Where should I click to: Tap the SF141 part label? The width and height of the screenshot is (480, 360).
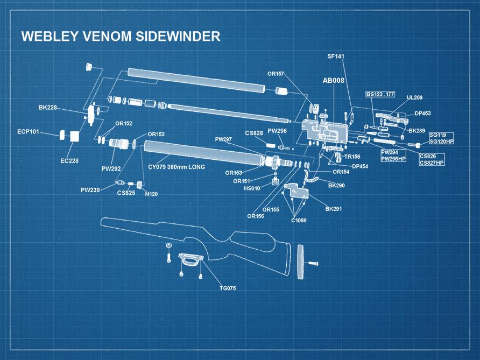[x=336, y=56]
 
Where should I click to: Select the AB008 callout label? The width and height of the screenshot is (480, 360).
[x=333, y=81]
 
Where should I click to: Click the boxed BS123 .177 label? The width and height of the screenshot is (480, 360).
[x=380, y=94]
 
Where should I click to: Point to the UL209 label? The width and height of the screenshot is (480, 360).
[x=414, y=97]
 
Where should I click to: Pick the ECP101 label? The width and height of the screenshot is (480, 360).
[x=28, y=131]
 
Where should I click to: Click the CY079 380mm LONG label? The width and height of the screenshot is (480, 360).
[x=177, y=167]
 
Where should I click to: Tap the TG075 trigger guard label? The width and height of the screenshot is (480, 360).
[x=228, y=288]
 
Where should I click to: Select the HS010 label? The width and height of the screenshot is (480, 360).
[x=252, y=188]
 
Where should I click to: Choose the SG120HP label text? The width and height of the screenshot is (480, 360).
[x=441, y=142]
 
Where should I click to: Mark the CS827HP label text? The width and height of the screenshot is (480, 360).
[x=432, y=163]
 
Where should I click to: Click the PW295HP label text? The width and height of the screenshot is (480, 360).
[x=393, y=159]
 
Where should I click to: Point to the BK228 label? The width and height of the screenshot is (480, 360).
[x=47, y=108]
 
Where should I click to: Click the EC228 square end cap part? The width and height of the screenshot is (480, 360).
[x=74, y=136]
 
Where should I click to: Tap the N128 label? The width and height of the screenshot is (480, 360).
[x=151, y=194]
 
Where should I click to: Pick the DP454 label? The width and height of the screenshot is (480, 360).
[x=360, y=166]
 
